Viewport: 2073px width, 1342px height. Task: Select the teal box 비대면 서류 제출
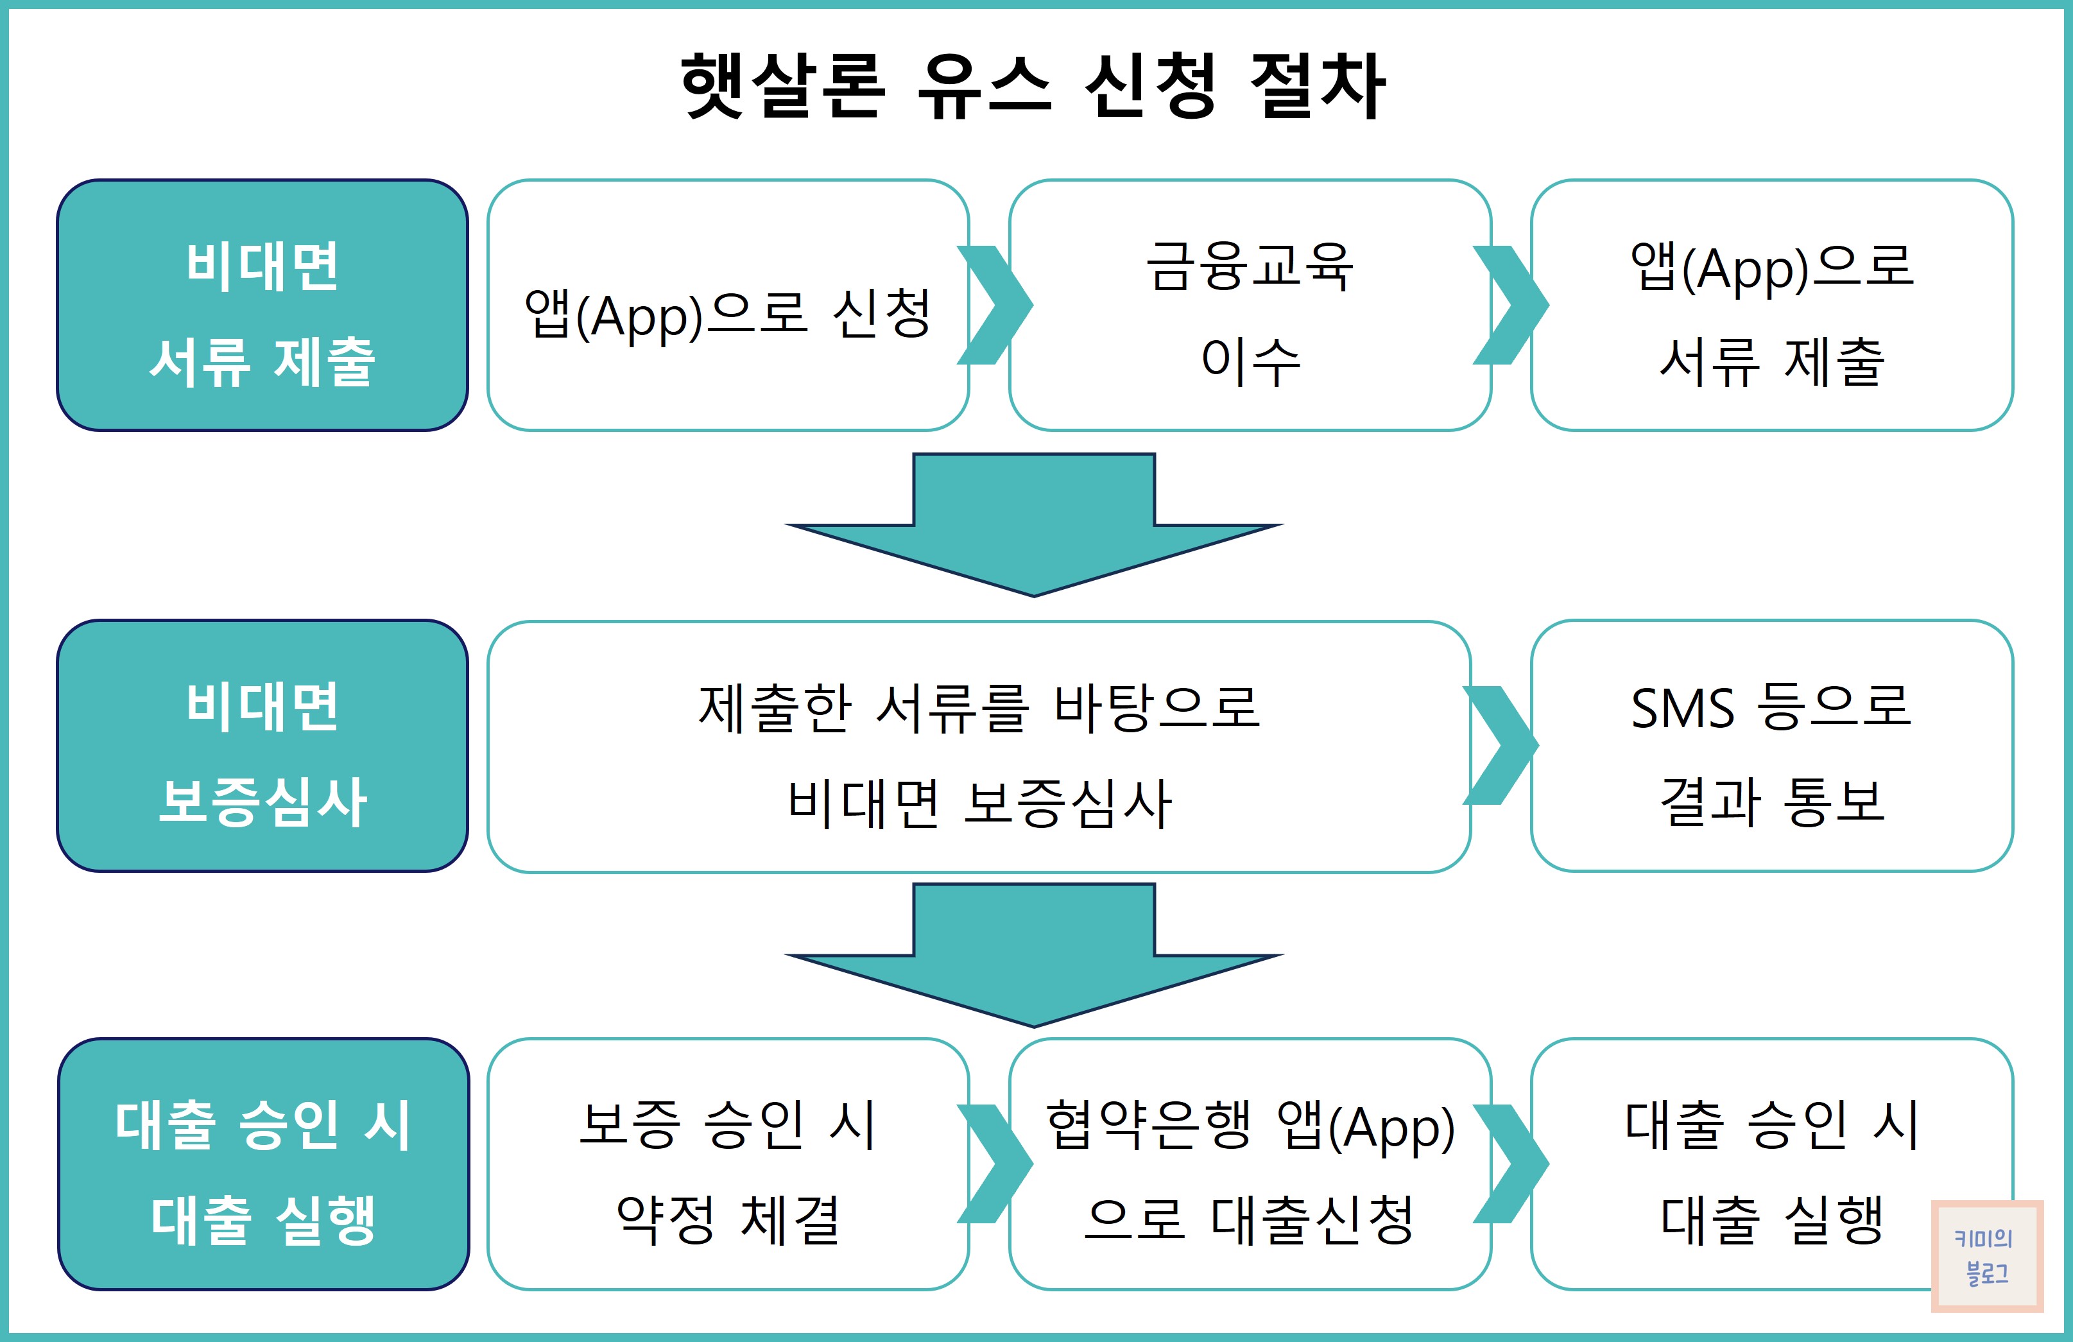coord(262,305)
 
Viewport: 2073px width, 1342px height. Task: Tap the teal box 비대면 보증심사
coord(262,746)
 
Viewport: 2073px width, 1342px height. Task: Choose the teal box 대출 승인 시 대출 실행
coord(263,1164)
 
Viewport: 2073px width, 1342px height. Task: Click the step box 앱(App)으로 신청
coord(727,305)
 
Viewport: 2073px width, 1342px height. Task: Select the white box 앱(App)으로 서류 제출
coord(1771,305)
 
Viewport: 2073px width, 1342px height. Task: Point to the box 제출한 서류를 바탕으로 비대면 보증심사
coord(978,746)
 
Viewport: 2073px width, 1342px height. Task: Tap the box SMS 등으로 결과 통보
coord(1771,746)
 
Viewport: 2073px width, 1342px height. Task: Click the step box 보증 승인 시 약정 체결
coord(727,1164)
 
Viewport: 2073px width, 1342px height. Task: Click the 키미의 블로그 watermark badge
coord(1987,1256)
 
